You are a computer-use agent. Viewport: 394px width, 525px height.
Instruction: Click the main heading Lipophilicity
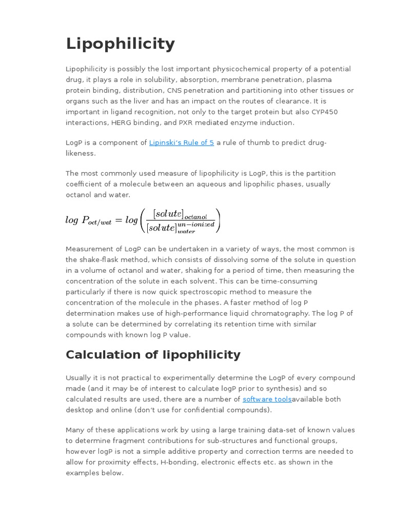(120, 44)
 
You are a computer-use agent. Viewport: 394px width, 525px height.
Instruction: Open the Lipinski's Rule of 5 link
(181, 143)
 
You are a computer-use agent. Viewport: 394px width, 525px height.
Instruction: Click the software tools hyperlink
(267, 399)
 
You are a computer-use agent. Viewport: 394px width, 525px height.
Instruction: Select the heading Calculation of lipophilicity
(153, 355)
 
